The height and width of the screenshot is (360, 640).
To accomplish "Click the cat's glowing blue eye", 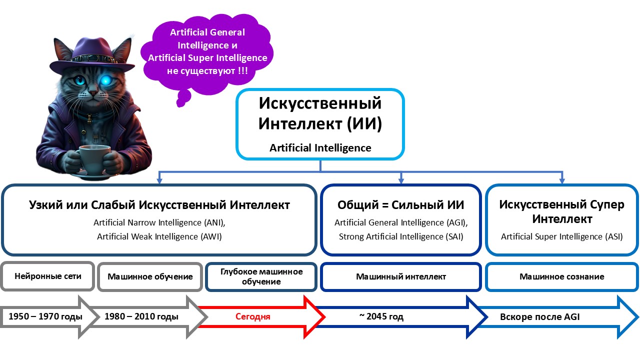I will pos(106,80).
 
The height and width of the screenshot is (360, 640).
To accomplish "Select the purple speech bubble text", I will pos(207,51).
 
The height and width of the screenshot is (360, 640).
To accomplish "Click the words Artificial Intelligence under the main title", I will pos(320,148).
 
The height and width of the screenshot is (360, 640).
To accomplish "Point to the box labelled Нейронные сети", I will pos(47,276).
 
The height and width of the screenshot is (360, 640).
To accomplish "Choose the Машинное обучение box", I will pos(150,276).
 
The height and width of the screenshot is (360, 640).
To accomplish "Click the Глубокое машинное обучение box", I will pos(261,276).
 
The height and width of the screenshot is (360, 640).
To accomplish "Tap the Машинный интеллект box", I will pos(400,276).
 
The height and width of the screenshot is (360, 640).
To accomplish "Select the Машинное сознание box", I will pos(561,276).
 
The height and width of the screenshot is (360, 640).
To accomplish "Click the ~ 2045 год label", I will pos(381,316).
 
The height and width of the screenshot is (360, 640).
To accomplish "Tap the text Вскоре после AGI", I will pos(539,317).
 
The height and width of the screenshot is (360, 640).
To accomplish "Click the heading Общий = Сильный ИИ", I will pos(400,205).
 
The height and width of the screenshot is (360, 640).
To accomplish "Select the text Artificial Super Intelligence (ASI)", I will pos(561,236).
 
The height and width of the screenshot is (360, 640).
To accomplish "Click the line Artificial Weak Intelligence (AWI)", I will pos(159,236).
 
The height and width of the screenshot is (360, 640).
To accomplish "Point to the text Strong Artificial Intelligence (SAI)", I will pos(400,236).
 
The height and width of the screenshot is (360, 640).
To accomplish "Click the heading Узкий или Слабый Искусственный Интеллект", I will pos(159,205).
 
